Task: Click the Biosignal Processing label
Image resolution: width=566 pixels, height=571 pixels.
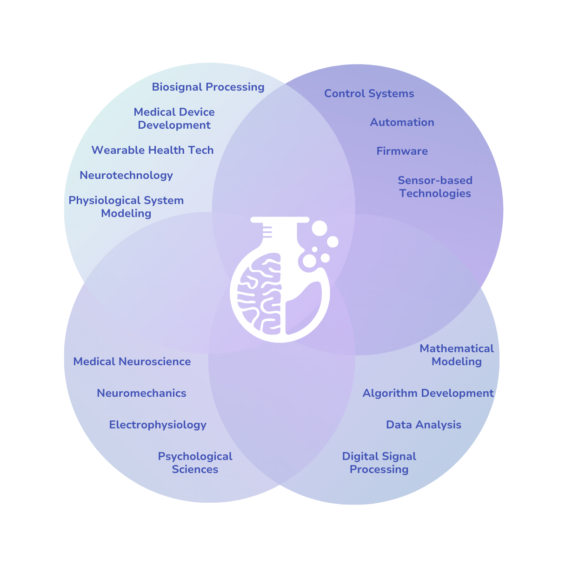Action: click(x=208, y=87)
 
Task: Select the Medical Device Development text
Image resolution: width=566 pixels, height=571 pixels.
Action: click(x=174, y=118)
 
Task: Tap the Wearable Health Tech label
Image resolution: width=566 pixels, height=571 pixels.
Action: click(x=153, y=150)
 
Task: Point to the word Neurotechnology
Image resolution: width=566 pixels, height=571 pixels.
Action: click(x=126, y=175)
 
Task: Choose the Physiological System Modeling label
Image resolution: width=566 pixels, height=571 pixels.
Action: click(x=126, y=207)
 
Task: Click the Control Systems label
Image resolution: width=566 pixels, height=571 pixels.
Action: click(x=369, y=93)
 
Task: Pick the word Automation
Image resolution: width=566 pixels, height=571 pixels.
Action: click(x=402, y=122)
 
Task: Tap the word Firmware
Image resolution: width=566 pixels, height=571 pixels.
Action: click(x=402, y=151)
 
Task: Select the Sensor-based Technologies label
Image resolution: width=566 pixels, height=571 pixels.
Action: click(x=435, y=187)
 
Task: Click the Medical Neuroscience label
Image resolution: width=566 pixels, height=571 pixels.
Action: click(x=132, y=361)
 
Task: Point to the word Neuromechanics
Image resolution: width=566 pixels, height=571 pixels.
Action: click(x=141, y=393)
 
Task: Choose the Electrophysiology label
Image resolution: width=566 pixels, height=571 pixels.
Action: click(x=158, y=425)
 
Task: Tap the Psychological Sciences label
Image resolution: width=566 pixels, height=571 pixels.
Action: click(x=195, y=463)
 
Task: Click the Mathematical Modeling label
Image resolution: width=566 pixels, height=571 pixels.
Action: click(x=456, y=355)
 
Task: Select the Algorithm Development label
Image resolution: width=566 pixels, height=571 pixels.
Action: click(x=428, y=393)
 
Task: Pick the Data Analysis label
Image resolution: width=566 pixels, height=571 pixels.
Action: click(x=424, y=425)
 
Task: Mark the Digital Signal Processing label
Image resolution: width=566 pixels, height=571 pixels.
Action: click(x=379, y=463)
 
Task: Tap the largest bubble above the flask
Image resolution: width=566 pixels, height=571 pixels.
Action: click(x=320, y=228)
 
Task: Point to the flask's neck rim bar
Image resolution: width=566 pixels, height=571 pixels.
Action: click(x=280, y=219)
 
